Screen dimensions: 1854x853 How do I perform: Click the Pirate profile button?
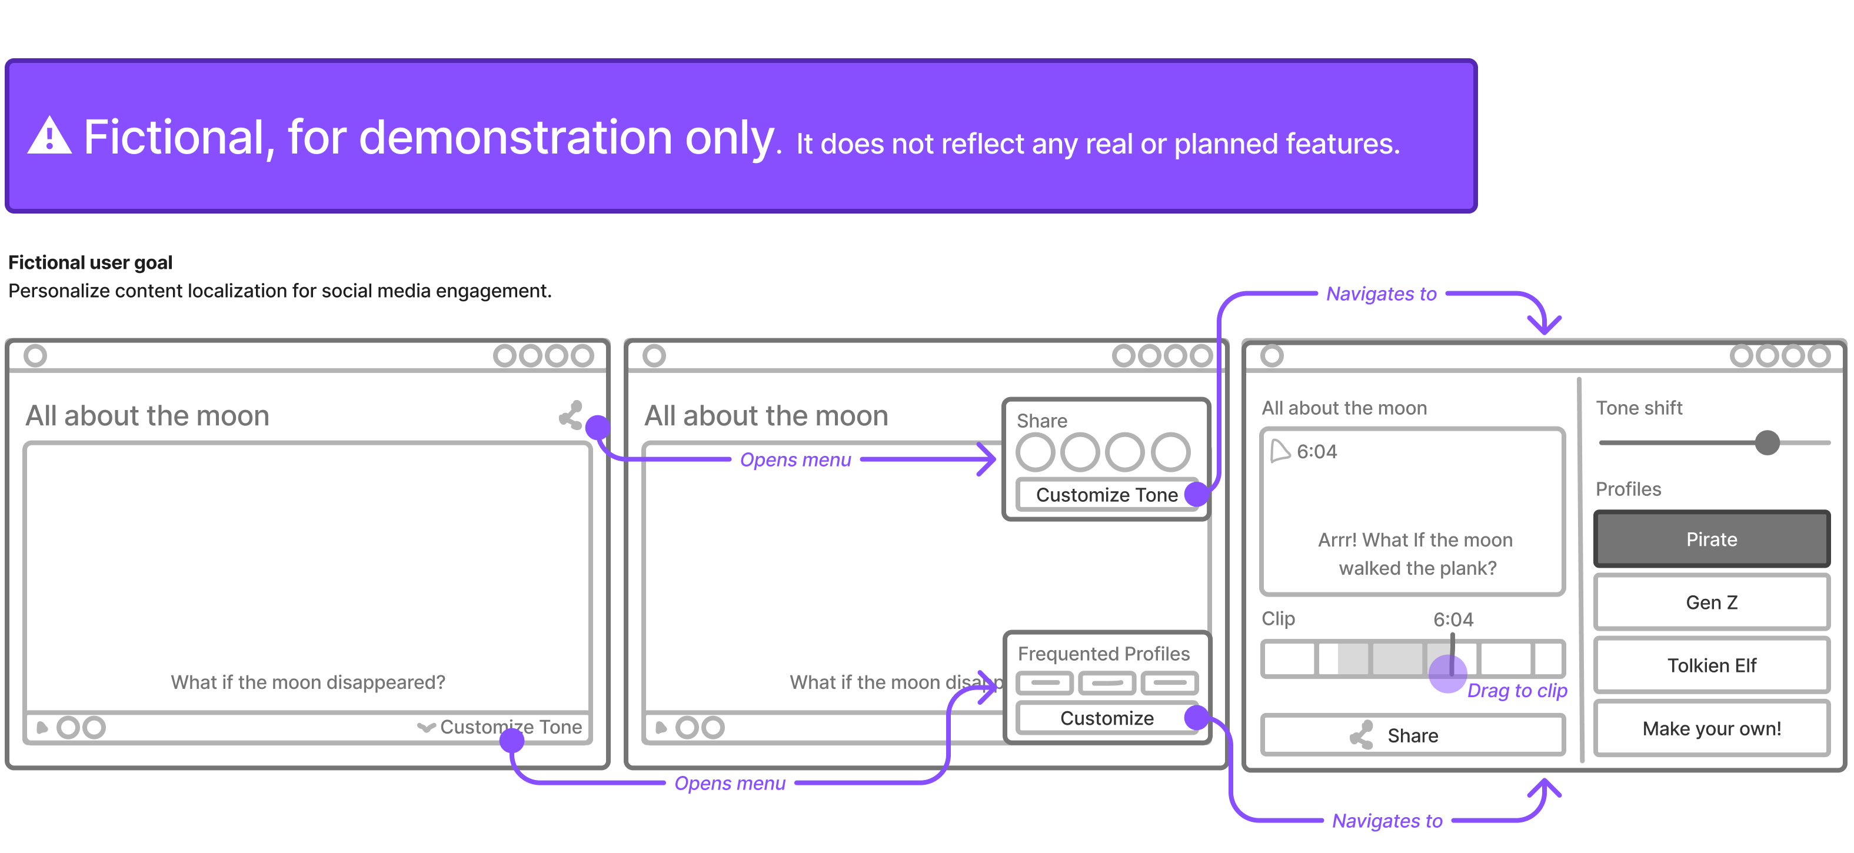click(x=1712, y=539)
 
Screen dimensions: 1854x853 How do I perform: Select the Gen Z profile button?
click(x=1712, y=602)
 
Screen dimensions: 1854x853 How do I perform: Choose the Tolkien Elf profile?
click(x=1712, y=665)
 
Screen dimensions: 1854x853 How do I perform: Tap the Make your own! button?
click(x=1712, y=728)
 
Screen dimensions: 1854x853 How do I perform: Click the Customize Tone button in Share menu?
click(x=1107, y=495)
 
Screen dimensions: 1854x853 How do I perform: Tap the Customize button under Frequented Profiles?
click(x=1107, y=718)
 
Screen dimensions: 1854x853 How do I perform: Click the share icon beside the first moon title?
click(x=571, y=415)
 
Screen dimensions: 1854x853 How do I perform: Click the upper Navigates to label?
click(x=1381, y=294)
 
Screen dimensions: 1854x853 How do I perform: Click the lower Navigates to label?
click(x=1387, y=821)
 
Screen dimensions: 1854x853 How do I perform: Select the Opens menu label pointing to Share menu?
click(x=795, y=459)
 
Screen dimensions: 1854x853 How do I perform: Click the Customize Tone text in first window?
click(x=511, y=727)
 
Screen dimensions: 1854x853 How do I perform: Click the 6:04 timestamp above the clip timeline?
click(x=1453, y=619)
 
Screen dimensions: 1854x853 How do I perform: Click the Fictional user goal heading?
click(x=90, y=262)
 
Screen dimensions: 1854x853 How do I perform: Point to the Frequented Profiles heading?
click(x=1103, y=654)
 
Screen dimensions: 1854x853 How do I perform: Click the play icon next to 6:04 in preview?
click(x=1280, y=451)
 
